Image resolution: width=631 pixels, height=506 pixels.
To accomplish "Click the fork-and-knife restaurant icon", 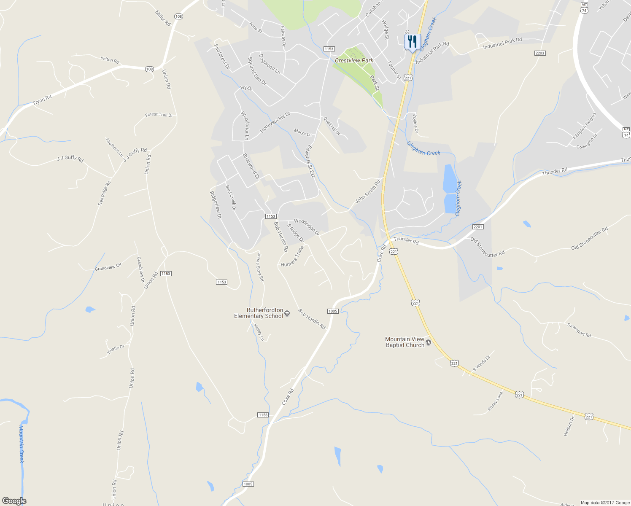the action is [413, 42].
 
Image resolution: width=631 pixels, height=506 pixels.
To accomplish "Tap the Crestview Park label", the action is [354, 60].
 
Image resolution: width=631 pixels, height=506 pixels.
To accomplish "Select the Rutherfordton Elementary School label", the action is [259, 313].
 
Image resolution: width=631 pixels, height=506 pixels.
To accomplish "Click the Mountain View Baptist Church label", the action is [405, 342].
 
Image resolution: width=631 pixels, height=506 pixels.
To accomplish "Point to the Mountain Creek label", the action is [22, 444].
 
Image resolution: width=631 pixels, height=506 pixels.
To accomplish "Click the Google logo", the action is [14, 501].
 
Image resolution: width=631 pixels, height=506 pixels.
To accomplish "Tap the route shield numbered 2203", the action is [539, 53].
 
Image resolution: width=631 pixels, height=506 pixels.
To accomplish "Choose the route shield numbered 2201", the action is [477, 227].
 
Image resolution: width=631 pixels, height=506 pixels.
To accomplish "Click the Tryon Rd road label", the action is [42, 100].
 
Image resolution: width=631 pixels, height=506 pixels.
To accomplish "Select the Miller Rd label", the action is [163, 19].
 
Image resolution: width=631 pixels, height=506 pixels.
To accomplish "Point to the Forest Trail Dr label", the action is [159, 115].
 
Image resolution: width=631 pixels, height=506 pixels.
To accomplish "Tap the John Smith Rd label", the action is [368, 191].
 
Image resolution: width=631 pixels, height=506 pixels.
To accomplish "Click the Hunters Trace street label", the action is [292, 256].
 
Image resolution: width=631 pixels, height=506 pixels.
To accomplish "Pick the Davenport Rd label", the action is [579, 330].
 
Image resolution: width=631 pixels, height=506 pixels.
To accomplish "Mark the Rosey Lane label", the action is [495, 401].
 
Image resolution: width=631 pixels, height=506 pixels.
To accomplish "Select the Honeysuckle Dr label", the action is [275, 122].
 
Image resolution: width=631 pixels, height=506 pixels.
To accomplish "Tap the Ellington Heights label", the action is [585, 126].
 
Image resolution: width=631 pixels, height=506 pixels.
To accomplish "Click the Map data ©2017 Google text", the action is [605, 503].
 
